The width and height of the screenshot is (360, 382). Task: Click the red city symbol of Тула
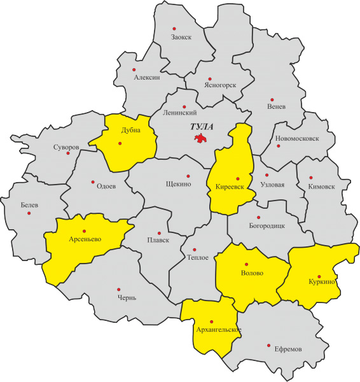pyautogui.click(x=202, y=138)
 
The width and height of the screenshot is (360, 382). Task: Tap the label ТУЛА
pyautogui.click(x=203, y=127)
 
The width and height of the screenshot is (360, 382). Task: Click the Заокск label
pyautogui.click(x=181, y=38)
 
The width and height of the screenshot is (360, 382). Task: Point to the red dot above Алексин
pyautogui.click(x=134, y=69)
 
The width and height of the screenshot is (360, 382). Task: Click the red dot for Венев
pyautogui.click(x=272, y=99)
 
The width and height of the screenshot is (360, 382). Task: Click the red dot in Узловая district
pyautogui.click(x=267, y=174)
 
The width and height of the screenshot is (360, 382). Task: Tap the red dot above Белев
pyautogui.click(x=29, y=213)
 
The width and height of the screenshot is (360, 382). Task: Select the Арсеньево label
pyautogui.click(x=86, y=239)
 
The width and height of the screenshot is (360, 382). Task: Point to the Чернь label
pyautogui.click(x=126, y=297)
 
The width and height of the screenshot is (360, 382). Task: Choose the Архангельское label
pyautogui.click(x=217, y=329)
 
